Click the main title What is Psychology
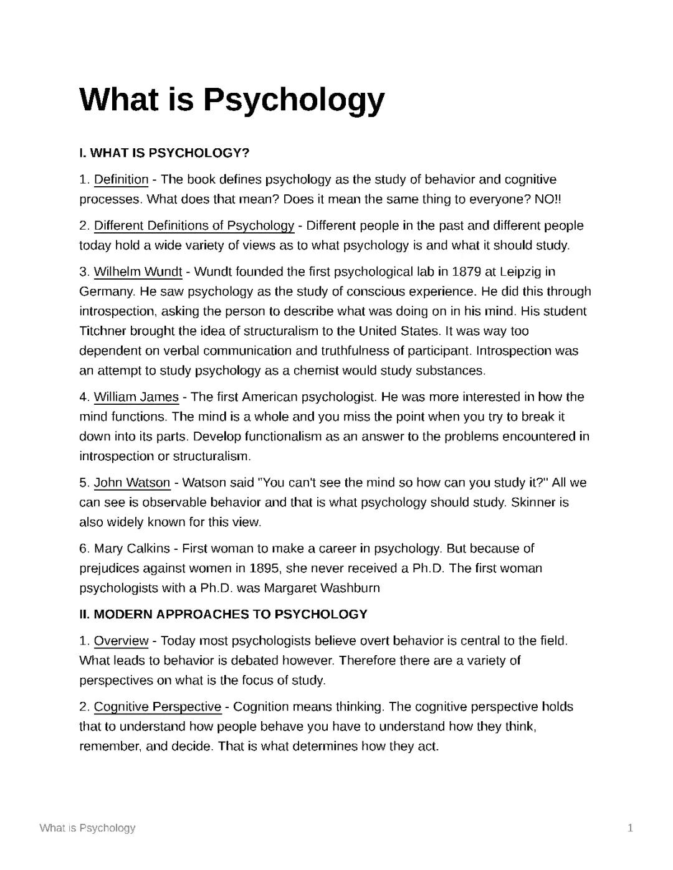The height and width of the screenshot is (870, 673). [232, 100]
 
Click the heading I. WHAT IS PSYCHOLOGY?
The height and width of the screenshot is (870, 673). [164, 153]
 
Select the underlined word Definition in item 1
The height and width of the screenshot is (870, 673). [121, 180]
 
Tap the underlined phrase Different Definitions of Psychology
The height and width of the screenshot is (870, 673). [194, 225]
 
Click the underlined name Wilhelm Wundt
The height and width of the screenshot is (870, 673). [138, 272]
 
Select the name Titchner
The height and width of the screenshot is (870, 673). [102, 331]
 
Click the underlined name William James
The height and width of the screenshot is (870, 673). [136, 397]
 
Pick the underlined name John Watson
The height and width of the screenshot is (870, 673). [131, 483]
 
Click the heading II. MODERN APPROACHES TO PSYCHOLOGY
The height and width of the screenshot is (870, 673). [223, 615]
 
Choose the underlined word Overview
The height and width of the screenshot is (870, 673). [121, 641]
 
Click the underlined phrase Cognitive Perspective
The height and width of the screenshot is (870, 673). [157, 707]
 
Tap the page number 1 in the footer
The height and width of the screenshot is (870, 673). [630, 828]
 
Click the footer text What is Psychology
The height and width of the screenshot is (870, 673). [87, 828]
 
